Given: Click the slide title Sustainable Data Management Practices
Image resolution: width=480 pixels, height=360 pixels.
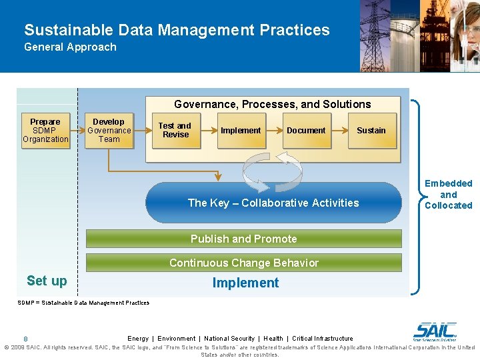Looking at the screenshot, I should pos(177,30).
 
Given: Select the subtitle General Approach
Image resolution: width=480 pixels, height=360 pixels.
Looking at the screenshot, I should pos(70,47).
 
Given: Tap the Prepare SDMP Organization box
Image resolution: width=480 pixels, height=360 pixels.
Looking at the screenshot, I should pos(45,131).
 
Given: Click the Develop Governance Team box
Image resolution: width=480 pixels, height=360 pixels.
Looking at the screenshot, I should pos(109,131).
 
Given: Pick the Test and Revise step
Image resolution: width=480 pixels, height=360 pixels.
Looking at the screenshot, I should pos(175,130).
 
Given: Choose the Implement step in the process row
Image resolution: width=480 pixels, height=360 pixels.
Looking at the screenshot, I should pos(241,131).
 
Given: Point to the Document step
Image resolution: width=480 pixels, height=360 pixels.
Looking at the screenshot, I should pos(306,131).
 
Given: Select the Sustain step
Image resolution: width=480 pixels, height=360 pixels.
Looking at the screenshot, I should pos(371,131).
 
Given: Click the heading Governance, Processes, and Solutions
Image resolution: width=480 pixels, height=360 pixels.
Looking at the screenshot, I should pos(272,105).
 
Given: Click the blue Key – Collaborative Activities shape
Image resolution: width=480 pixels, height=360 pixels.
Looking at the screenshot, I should pos(273,203).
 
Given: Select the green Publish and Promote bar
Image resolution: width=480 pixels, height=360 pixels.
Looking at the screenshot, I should pos(244,239).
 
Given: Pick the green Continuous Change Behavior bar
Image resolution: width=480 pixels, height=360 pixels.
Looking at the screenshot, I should pos(244,263).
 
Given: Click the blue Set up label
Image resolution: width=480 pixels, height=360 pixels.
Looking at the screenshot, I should pos(47,281).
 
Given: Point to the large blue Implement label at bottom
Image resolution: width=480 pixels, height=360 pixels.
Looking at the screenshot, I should pos(245,283).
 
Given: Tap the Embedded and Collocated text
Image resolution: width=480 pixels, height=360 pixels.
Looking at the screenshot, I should pos(448,194).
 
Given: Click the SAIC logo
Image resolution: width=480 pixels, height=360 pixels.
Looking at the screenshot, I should pos(435,331).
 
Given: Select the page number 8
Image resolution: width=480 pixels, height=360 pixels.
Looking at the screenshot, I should pos(25,339).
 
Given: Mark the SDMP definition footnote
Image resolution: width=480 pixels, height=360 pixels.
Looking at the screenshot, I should pos(83,303).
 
